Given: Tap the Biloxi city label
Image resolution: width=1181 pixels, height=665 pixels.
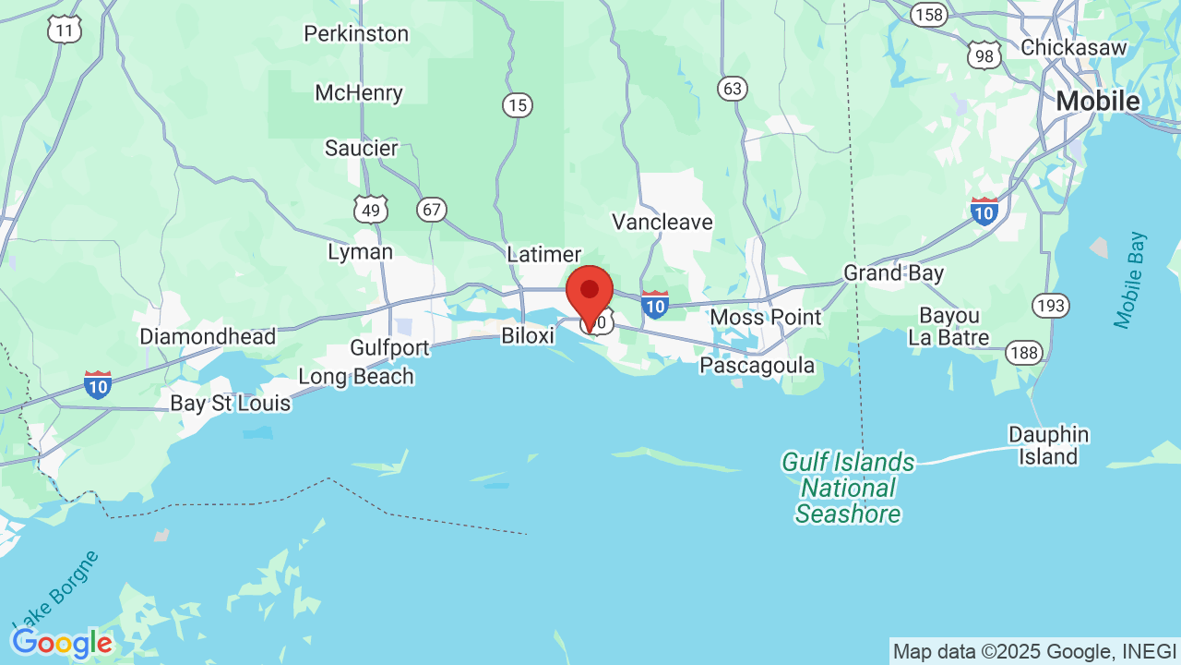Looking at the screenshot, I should click(528, 335).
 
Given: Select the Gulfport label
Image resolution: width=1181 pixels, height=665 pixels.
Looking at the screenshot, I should click(390, 348).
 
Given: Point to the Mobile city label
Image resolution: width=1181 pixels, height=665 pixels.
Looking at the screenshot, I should click(1098, 101).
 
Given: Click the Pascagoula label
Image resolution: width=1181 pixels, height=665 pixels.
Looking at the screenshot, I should click(758, 366).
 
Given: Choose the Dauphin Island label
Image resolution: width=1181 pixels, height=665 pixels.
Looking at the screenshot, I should click(1048, 445).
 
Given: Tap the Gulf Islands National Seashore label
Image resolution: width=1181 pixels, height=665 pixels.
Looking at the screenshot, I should click(848, 488).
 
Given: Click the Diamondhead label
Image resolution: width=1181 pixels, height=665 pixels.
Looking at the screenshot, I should click(208, 337).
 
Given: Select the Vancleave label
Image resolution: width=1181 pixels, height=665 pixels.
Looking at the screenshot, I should click(662, 222).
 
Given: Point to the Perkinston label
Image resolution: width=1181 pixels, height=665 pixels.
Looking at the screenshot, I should click(356, 34).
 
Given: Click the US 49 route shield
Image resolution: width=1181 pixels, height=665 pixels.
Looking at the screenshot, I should click(371, 210).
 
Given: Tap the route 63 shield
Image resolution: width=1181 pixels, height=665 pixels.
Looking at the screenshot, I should click(733, 89).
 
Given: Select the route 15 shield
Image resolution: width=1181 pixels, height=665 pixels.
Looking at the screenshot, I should click(518, 105).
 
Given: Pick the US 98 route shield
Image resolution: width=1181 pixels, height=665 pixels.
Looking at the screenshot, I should click(984, 55).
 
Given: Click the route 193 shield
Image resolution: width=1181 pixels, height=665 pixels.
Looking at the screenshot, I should click(1051, 305).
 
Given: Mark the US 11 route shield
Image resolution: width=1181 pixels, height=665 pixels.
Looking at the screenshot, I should click(65, 30).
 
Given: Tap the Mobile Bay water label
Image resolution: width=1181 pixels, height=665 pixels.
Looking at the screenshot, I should click(1130, 280).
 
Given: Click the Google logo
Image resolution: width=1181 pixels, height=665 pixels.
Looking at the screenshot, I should click(62, 643).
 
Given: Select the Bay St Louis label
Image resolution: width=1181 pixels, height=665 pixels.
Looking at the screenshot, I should click(231, 404).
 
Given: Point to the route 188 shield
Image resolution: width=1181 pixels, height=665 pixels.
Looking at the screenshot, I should click(1024, 353).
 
